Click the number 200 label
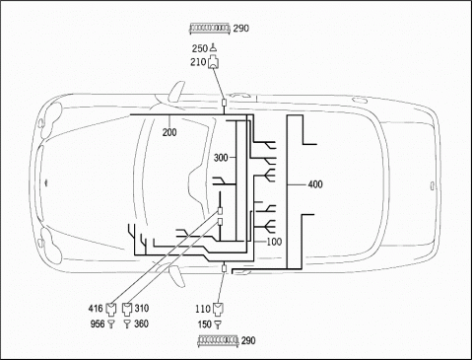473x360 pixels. pos(169,132)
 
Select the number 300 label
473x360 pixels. pos(221,158)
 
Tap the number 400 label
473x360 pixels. pos(315,184)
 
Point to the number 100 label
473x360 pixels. pos(274,242)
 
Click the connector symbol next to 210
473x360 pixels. pos(214,62)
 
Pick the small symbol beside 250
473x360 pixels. pos(213,48)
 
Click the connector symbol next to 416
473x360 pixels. pos(111,309)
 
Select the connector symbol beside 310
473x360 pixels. pos(127,309)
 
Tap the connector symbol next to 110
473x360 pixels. pos(217,310)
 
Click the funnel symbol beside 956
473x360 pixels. pos(111,324)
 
